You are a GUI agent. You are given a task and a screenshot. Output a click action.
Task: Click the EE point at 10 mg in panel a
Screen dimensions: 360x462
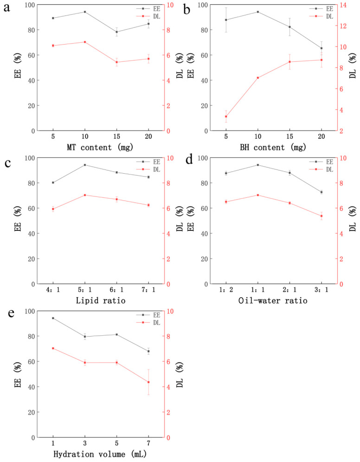click(x=85, y=12)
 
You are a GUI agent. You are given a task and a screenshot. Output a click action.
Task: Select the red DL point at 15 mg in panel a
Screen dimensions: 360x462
click(x=117, y=62)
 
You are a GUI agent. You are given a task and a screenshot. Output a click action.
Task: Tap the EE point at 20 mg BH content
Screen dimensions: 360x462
click(x=321, y=48)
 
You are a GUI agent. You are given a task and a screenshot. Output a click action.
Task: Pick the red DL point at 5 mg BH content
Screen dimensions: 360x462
click(x=226, y=117)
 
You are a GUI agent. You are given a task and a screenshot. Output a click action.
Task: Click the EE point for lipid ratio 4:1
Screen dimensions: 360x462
click(x=53, y=182)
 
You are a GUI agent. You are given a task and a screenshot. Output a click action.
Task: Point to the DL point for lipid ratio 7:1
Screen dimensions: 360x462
click(x=148, y=205)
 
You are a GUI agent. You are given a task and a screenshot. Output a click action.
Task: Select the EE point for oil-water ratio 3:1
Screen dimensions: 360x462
click(x=321, y=192)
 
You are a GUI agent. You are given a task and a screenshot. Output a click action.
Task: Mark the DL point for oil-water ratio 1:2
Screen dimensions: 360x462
click(x=226, y=202)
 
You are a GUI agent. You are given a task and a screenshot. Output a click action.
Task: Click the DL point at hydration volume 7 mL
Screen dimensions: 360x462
click(x=148, y=382)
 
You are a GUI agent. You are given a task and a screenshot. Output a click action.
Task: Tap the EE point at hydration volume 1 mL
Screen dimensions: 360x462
click(x=53, y=318)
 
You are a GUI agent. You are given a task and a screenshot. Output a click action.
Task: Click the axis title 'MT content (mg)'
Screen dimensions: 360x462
click(x=100, y=147)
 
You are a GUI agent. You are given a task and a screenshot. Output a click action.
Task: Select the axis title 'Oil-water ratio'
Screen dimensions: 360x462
click(x=273, y=300)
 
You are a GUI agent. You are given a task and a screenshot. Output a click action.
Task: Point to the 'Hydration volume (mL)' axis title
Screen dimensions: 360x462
click(x=100, y=454)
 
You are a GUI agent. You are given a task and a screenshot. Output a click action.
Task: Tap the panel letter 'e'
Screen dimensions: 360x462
click(x=11, y=313)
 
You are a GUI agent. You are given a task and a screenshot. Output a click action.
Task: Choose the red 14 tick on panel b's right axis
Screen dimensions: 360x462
click(x=343, y=5)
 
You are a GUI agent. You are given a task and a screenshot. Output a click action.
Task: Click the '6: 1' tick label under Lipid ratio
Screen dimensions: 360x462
click(x=117, y=290)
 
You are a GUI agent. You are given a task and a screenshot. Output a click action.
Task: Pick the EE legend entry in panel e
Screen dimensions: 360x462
click(x=148, y=315)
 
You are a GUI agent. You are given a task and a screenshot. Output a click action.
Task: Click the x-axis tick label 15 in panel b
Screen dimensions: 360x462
click(x=289, y=137)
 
